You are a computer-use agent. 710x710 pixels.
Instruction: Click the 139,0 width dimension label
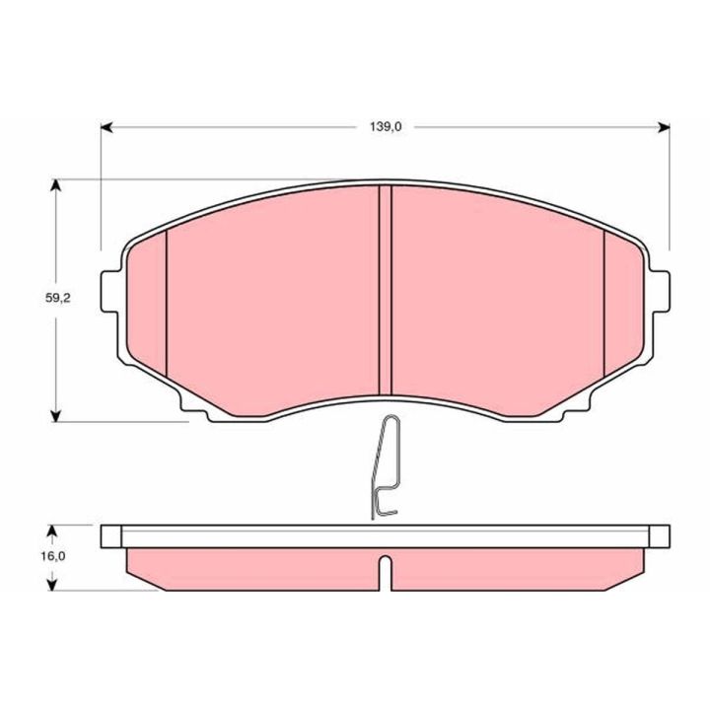click(386, 127)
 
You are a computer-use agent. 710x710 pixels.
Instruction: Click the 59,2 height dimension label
click(58, 298)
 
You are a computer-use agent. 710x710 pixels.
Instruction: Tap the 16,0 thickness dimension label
click(53, 556)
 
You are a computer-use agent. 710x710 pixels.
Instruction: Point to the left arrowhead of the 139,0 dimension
click(106, 127)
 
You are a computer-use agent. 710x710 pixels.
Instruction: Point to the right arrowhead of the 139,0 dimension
click(664, 127)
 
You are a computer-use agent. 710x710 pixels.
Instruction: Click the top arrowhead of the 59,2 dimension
click(55, 185)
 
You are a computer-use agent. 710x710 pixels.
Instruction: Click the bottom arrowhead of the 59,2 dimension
click(55, 416)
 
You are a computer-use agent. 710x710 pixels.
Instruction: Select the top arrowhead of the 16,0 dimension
click(53, 532)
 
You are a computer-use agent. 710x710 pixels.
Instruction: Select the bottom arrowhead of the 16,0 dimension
click(53, 585)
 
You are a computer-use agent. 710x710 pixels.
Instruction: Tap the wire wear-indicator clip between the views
click(385, 466)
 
